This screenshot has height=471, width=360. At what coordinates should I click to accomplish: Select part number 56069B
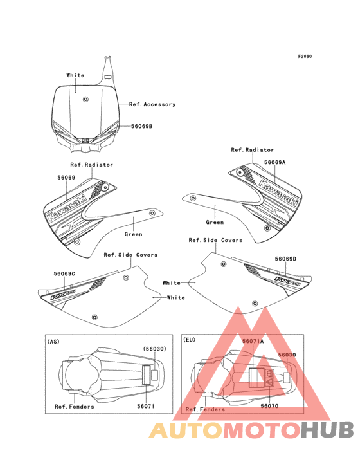[142, 127]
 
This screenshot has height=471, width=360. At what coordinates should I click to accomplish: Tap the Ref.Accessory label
[152, 104]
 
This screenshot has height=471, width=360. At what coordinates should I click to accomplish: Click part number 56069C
[64, 273]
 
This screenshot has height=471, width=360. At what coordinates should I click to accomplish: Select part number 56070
[269, 406]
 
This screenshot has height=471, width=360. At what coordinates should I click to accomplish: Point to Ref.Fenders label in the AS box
[74, 406]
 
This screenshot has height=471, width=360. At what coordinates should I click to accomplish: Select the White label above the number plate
[75, 75]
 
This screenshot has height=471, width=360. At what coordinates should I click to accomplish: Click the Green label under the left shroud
[133, 234]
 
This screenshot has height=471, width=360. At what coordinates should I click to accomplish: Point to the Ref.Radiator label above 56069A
[252, 150]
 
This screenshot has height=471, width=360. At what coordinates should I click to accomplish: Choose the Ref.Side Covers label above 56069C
[130, 255]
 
